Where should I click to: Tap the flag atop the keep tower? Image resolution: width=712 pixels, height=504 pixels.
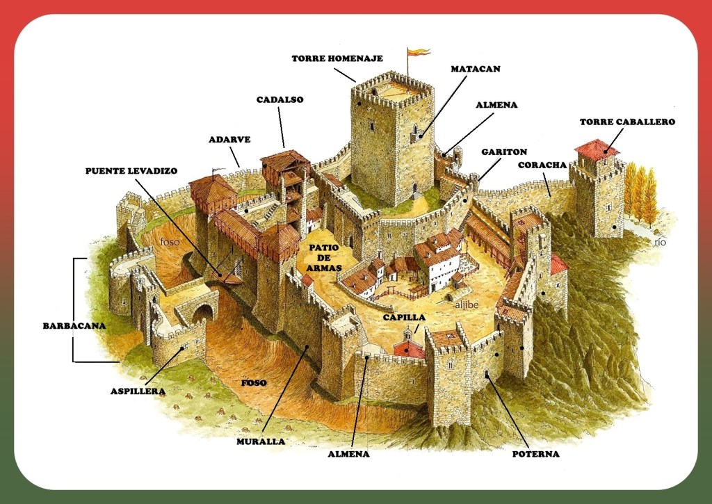(x=418, y=53)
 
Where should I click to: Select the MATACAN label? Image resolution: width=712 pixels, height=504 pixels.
(x=476, y=70)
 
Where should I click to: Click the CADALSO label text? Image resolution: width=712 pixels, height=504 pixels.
(x=280, y=99)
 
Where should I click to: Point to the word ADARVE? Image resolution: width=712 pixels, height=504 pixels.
(x=229, y=139)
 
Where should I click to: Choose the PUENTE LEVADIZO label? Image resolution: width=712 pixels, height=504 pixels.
(x=131, y=170)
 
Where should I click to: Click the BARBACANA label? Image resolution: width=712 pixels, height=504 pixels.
(x=74, y=325)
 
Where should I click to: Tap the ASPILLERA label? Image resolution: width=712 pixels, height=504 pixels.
(x=138, y=391)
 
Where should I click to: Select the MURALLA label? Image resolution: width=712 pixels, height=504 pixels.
(x=261, y=441)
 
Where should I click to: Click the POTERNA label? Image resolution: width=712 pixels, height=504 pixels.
(x=535, y=454)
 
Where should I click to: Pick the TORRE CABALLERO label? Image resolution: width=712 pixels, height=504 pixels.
(x=627, y=122)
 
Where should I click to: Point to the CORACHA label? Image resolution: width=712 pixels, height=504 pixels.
(x=542, y=165)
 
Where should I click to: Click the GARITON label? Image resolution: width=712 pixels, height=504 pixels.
(x=504, y=152)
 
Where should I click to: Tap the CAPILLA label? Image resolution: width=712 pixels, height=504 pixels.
(x=404, y=317)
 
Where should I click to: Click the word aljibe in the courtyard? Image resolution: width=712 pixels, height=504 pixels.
(x=467, y=303)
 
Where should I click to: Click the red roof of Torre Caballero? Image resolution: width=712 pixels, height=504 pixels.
(x=596, y=148)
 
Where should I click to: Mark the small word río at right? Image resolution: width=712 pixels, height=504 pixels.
(x=660, y=242)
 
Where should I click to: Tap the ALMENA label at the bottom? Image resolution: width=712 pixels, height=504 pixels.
(x=348, y=454)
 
